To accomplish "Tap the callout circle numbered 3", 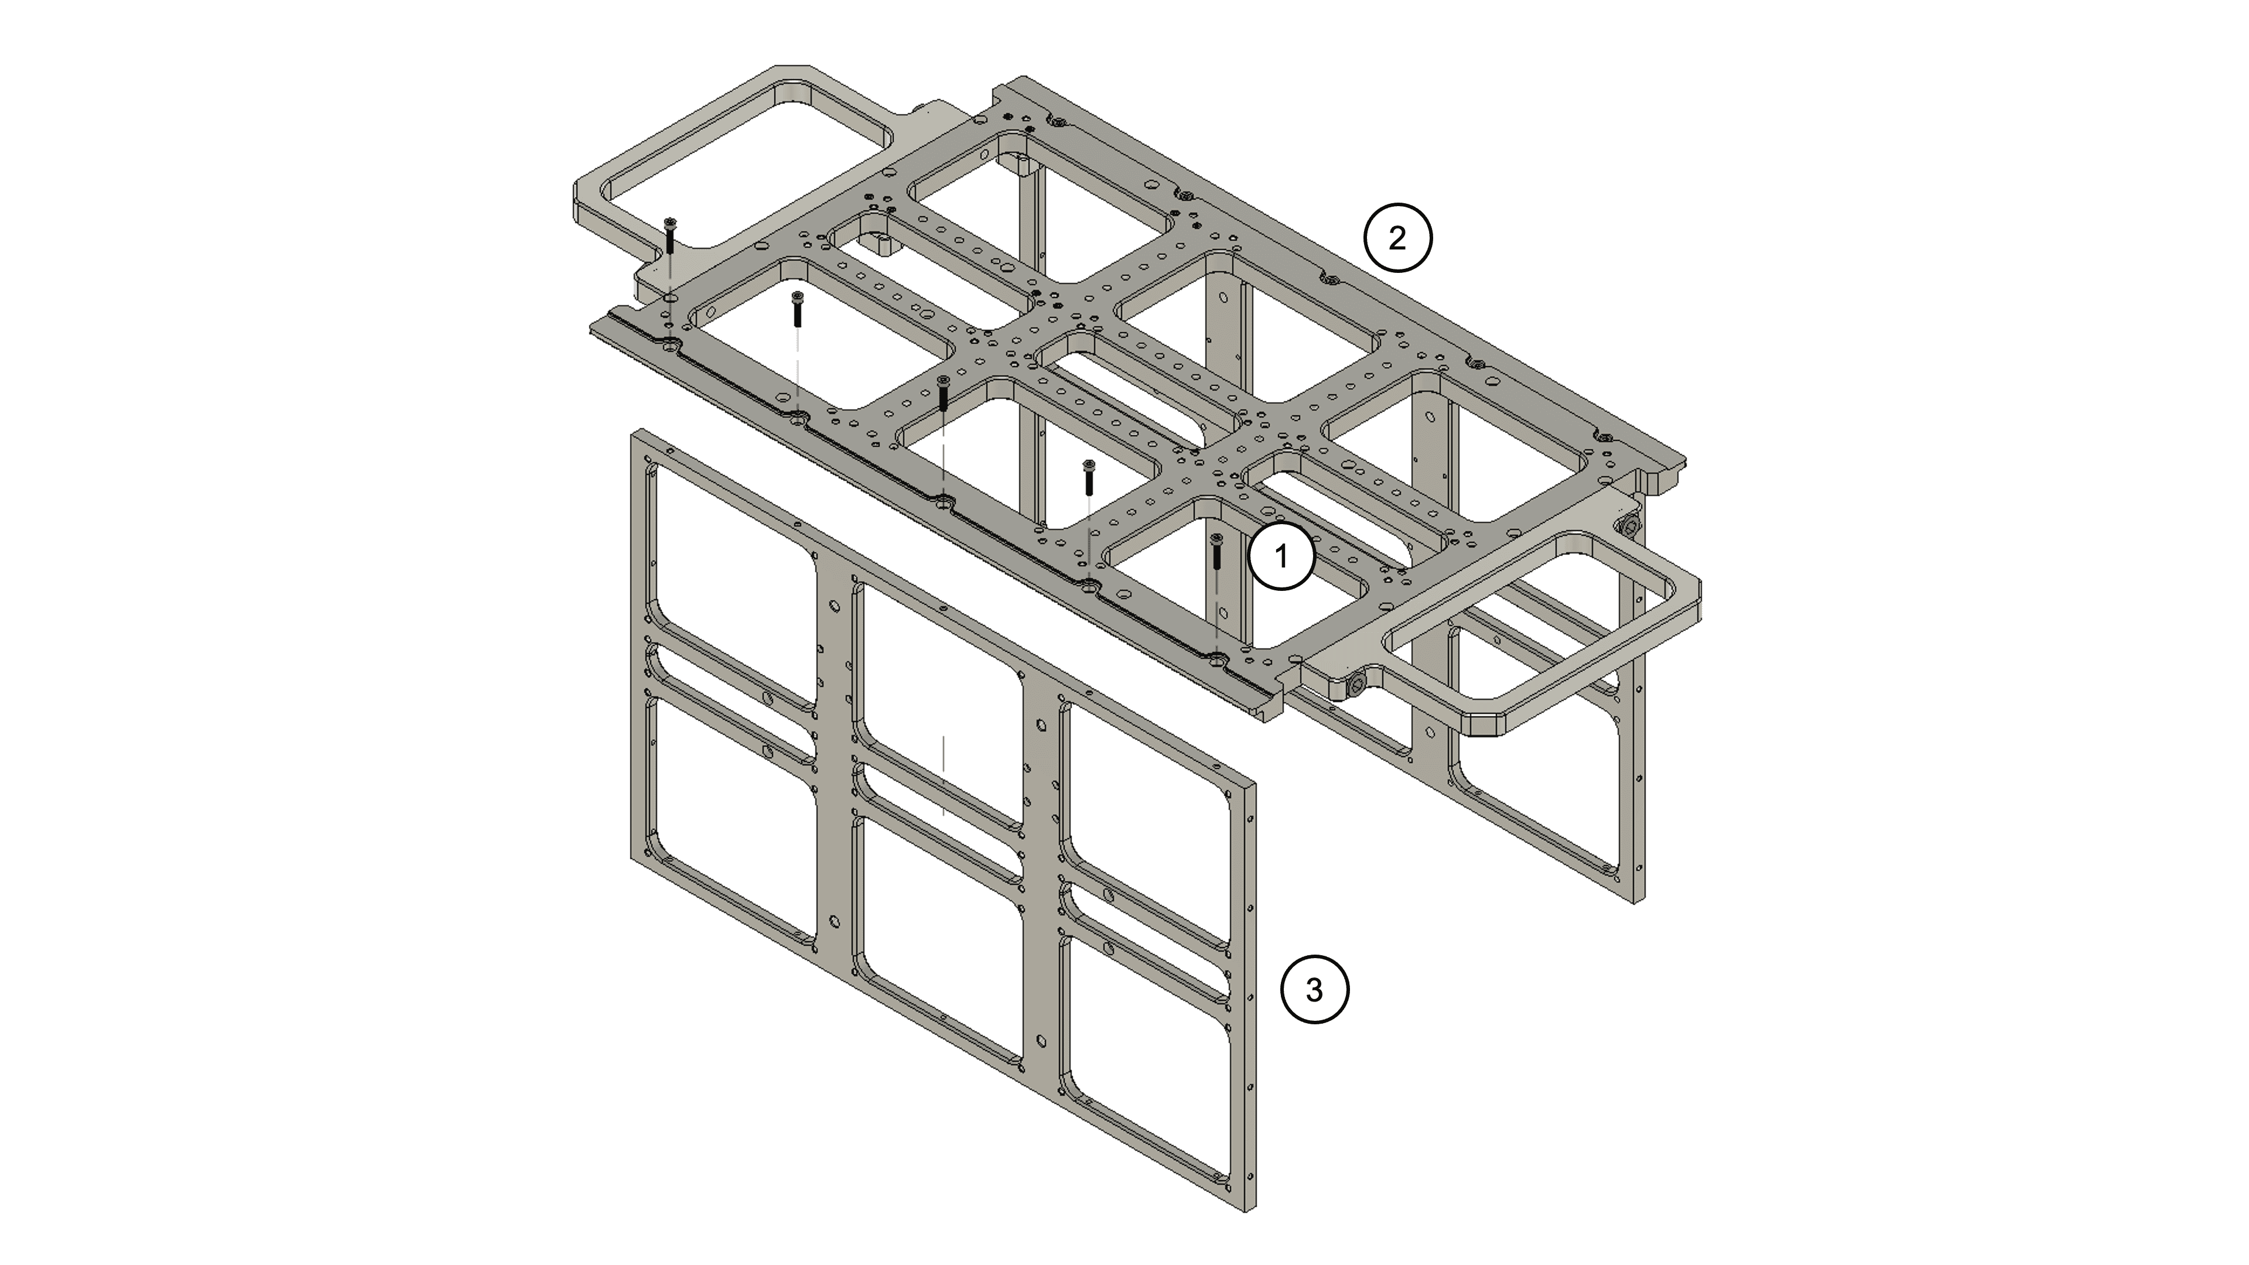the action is [x=1314, y=990].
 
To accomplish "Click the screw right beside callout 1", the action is [x=1217, y=553].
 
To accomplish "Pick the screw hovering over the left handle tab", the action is [x=669, y=235].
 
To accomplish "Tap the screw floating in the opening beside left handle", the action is [x=797, y=309].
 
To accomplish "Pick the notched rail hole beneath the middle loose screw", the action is [x=943, y=504].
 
